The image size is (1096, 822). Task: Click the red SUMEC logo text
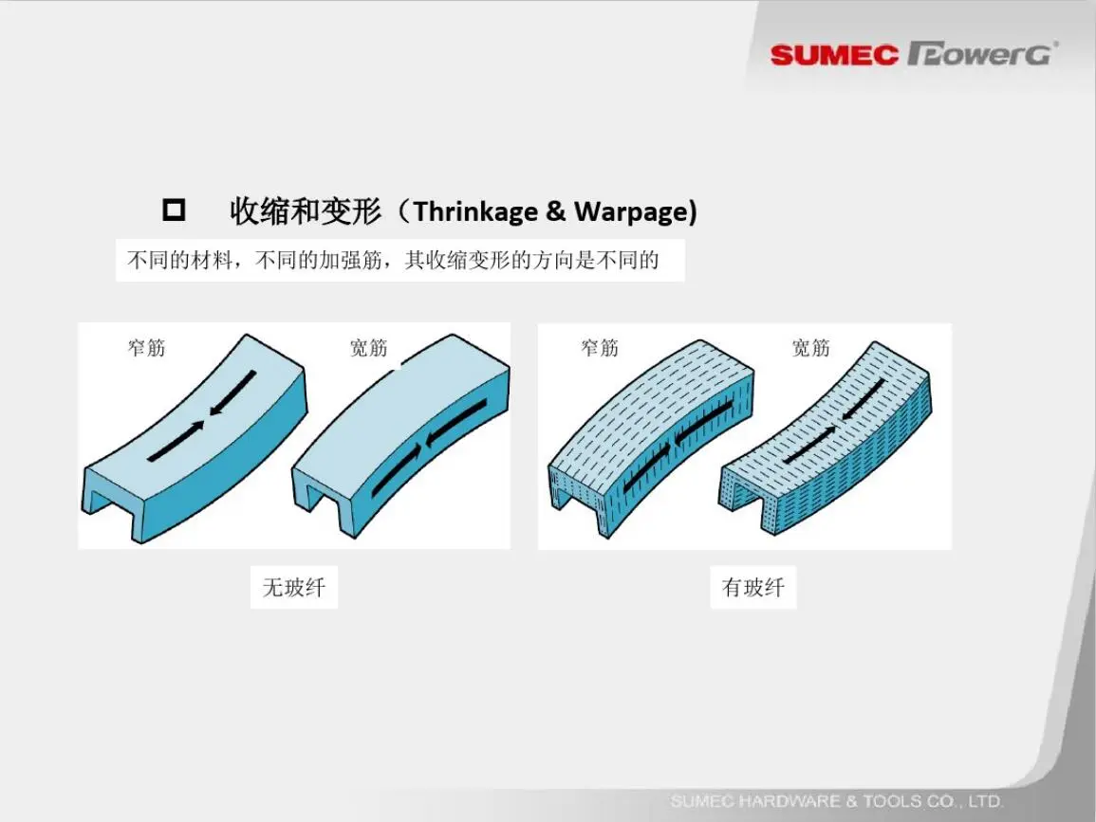pyautogui.click(x=834, y=55)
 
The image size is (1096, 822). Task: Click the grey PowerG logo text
pyautogui.click(x=982, y=54)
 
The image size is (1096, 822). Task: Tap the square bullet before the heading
pyautogui.click(x=174, y=210)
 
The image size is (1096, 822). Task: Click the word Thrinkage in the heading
pyautogui.click(x=475, y=211)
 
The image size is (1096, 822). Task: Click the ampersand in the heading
pyautogui.click(x=556, y=211)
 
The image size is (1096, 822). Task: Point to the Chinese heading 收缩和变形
pyautogui.click(x=307, y=210)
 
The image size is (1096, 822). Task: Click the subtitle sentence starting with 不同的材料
pyautogui.click(x=393, y=261)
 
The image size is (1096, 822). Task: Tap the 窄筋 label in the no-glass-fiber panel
pyautogui.click(x=146, y=347)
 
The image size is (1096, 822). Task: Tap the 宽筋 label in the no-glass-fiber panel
pyautogui.click(x=368, y=347)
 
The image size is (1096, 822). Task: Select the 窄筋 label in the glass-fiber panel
pyautogui.click(x=600, y=347)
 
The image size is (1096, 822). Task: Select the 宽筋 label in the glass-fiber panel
pyautogui.click(x=810, y=347)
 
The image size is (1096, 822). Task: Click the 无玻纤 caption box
pyautogui.click(x=293, y=587)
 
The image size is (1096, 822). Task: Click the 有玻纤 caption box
pyautogui.click(x=752, y=587)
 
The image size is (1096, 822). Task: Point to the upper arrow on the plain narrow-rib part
pyautogui.click(x=233, y=393)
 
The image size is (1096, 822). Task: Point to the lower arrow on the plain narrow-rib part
pyautogui.click(x=176, y=442)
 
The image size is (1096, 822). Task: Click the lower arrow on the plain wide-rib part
pyautogui.click(x=397, y=469)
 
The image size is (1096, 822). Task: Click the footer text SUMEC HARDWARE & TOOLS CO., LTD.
pyautogui.click(x=837, y=801)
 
